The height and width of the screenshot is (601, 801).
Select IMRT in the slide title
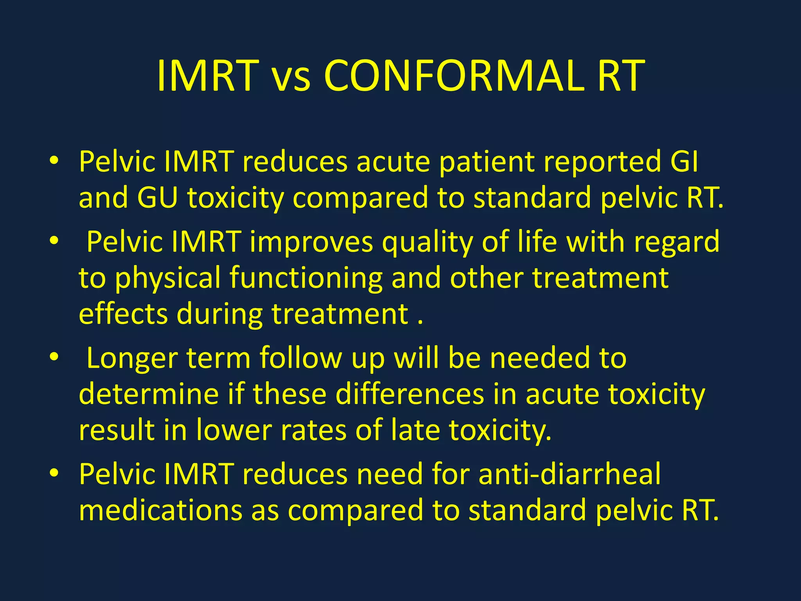(x=208, y=76)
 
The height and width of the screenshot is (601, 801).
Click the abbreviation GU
(x=157, y=197)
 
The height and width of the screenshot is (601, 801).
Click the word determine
(x=149, y=394)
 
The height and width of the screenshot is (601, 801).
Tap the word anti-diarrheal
(x=569, y=474)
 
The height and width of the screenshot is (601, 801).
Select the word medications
(x=161, y=510)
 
